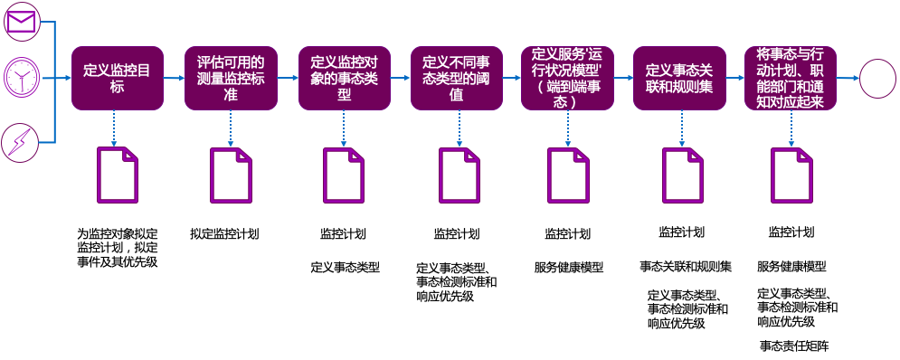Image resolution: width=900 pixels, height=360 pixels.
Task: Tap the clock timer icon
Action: (20, 79)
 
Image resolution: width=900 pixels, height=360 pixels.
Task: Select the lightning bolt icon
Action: (20, 143)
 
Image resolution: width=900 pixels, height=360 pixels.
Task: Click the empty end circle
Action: (876, 79)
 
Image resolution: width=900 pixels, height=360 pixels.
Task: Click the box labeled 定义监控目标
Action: (118, 79)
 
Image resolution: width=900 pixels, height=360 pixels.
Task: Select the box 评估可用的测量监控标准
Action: (231, 79)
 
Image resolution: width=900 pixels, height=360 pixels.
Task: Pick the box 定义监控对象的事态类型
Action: (343, 79)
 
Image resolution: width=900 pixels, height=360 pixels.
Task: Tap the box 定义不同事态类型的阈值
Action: (456, 79)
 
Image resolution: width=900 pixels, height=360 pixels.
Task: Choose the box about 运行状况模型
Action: (567, 79)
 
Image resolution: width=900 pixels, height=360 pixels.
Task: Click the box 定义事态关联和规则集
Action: (679, 79)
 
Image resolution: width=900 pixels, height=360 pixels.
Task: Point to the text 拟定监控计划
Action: (224, 233)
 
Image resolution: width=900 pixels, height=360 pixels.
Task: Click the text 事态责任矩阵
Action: (794, 346)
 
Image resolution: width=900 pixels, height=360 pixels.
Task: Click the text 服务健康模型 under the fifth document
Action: (569, 267)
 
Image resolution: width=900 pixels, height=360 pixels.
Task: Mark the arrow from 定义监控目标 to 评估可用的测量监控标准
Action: (174, 79)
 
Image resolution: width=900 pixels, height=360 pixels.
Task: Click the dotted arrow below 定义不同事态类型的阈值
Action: (456, 128)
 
